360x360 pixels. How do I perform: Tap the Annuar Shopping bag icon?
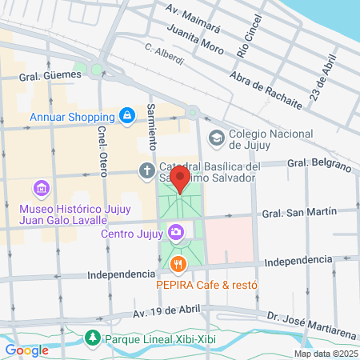point(126,116)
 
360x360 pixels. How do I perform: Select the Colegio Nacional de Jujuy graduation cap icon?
point(216,138)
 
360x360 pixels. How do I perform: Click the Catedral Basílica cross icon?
point(146,170)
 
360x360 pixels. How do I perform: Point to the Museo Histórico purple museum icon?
point(42,189)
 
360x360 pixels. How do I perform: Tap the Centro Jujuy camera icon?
point(176,233)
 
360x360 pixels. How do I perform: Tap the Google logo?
point(26,350)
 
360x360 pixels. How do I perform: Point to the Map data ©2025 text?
point(325,354)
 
